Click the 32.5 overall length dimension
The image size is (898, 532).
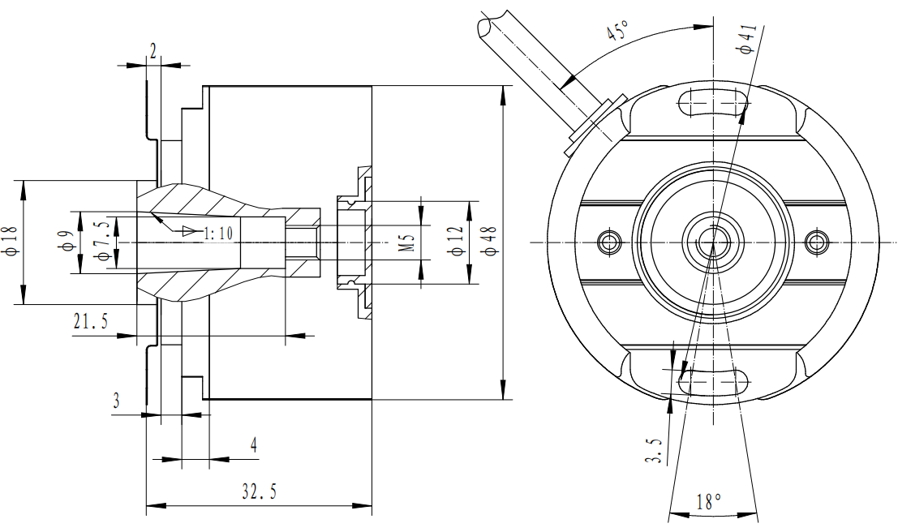pyautogui.click(x=260, y=491)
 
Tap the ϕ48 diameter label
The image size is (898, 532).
pyautogui.click(x=490, y=242)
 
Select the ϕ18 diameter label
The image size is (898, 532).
pyautogui.click(x=11, y=241)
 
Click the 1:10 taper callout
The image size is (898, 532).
pyautogui.click(x=218, y=233)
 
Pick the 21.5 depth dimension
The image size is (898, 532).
pyautogui.click(x=91, y=321)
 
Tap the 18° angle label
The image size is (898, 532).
pyautogui.click(x=709, y=502)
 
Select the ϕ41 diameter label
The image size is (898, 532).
pyautogui.click(x=747, y=39)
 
